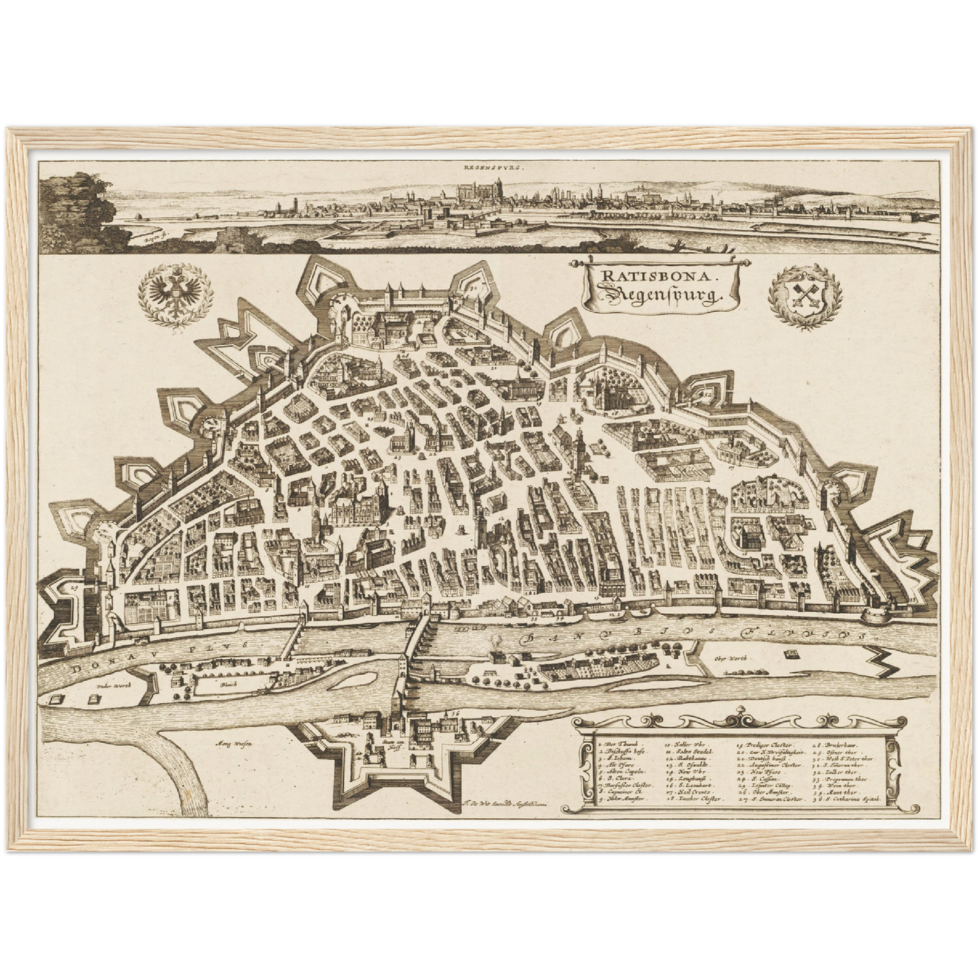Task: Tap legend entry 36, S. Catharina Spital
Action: [x=853, y=799]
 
